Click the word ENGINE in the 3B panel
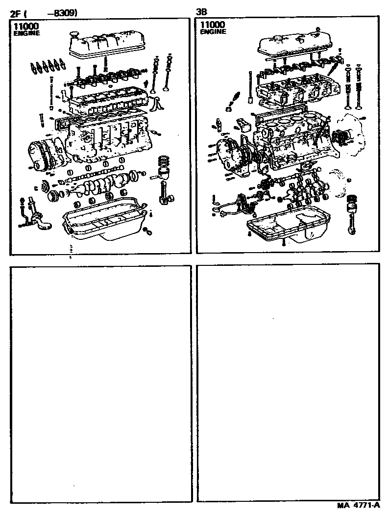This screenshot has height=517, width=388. [213, 32]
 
